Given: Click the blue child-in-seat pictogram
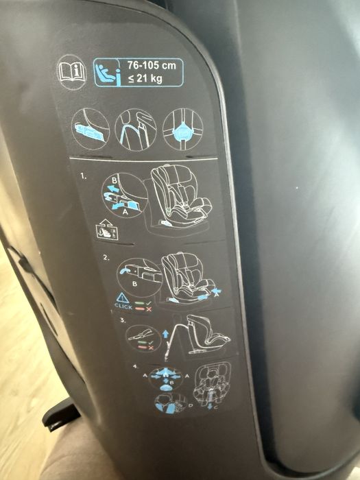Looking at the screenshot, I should coord(106,72).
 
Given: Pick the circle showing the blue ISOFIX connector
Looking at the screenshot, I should coord(91,128).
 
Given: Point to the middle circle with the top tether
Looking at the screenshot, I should coord(136,128).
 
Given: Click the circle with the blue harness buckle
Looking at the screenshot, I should coord(182,129).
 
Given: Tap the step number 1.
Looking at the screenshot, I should coord(84,176).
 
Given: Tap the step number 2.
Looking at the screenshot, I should coord(106,258).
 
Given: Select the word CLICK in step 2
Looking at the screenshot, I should coord(123,307).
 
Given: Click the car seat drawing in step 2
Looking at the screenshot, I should coord(185,277).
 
